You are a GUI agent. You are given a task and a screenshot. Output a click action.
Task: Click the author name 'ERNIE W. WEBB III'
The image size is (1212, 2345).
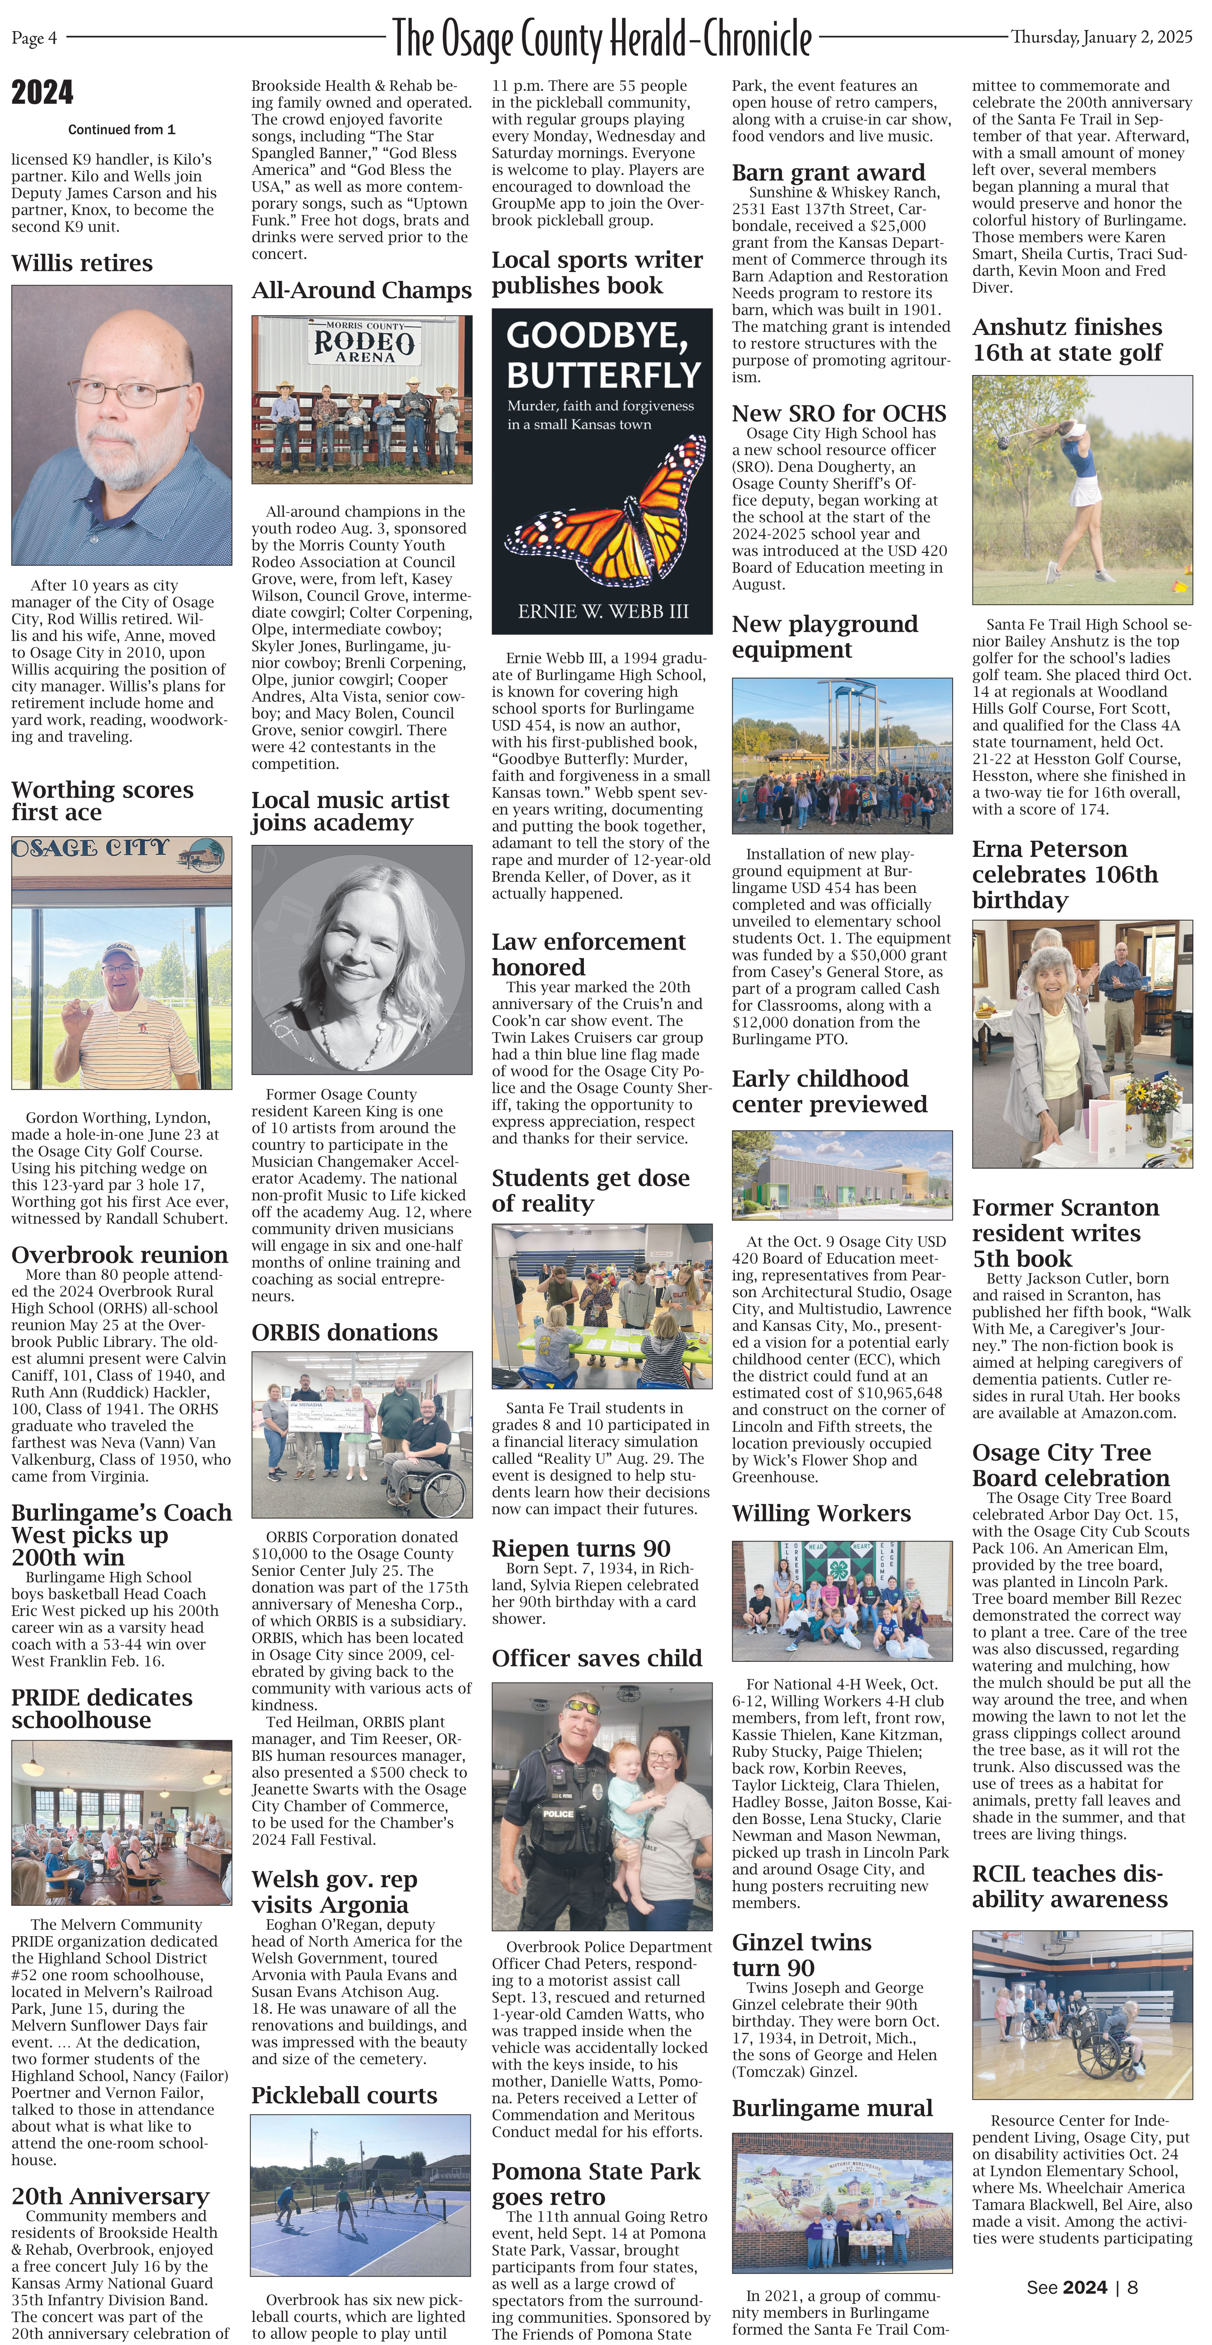point(603,612)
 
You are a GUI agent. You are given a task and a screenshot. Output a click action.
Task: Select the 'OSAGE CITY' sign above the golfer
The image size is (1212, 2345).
point(91,848)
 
